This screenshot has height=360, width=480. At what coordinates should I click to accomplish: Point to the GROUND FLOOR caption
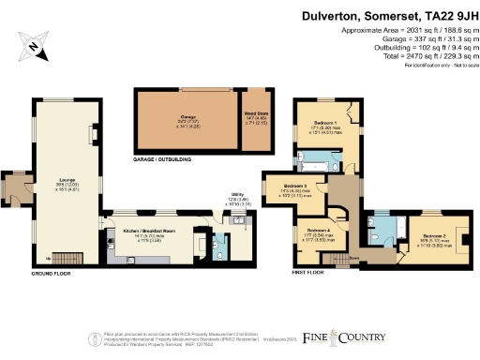(53, 273)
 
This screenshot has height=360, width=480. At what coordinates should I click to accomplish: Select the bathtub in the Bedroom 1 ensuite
(318, 157)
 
